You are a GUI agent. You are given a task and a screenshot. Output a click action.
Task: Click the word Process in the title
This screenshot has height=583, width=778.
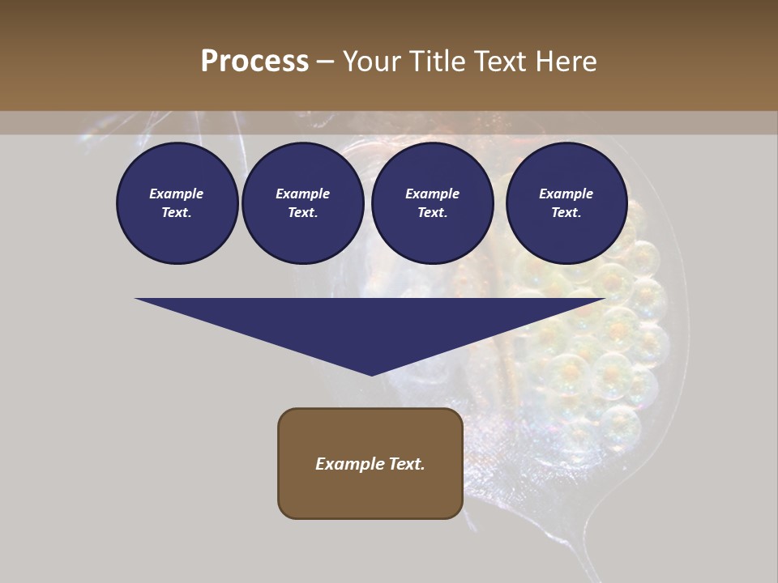tap(254, 61)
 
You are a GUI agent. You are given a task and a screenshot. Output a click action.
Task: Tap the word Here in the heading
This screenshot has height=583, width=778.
tap(566, 61)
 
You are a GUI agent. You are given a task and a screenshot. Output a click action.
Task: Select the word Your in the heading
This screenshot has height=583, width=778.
tap(371, 61)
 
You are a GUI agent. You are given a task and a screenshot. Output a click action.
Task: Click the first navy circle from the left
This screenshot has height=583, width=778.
tap(177, 203)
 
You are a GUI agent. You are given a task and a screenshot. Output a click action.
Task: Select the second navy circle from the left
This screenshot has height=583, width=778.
tap(302, 203)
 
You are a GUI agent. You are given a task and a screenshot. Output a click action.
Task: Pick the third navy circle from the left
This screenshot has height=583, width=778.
tap(432, 203)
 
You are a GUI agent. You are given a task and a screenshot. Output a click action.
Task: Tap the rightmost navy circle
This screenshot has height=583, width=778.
tap(566, 203)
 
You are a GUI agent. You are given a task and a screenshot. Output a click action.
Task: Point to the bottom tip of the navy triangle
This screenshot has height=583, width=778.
tap(371, 374)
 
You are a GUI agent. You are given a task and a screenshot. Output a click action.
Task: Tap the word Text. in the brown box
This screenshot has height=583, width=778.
tap(406, 464)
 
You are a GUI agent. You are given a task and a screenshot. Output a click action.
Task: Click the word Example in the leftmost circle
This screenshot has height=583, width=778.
tap(177, 194)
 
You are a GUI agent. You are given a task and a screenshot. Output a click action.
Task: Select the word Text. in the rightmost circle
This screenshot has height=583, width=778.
tap(566, 213)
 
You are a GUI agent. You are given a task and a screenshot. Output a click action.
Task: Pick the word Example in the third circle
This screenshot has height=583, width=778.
tap(432, 194)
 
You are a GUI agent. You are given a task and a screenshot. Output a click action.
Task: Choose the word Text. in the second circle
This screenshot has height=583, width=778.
tap(302, 213)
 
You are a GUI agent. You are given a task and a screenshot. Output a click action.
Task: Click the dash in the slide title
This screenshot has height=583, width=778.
tap(326, 62)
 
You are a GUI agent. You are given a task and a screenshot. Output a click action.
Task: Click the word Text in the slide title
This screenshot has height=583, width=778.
tap(499, 61)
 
